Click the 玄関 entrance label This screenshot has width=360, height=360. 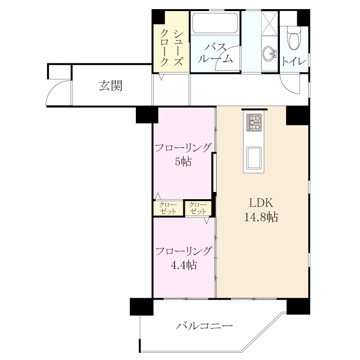(x=111, y=85)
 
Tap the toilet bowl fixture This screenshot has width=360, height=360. (x=294, y=38)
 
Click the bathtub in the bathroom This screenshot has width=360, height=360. (x=215, y=23)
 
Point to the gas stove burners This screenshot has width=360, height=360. (x=254, y=122)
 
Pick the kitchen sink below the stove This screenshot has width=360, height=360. (x=254, y=158)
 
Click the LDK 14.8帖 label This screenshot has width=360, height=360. (x=261, y=210)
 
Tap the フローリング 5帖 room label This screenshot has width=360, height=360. (x=183, y=155)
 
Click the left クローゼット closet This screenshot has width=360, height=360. (x=168, y=208)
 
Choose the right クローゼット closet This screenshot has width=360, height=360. (x=198, y=208)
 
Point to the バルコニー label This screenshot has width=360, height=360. (x=204, y=325)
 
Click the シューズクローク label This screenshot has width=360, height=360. (x=171, y=48)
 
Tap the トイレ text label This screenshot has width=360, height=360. (x=294, y=61)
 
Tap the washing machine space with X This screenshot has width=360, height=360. (x=270, y=23)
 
